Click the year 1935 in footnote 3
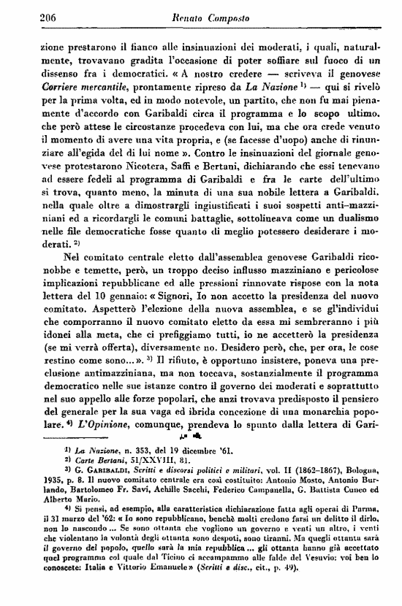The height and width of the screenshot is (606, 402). (x=35, y=483)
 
